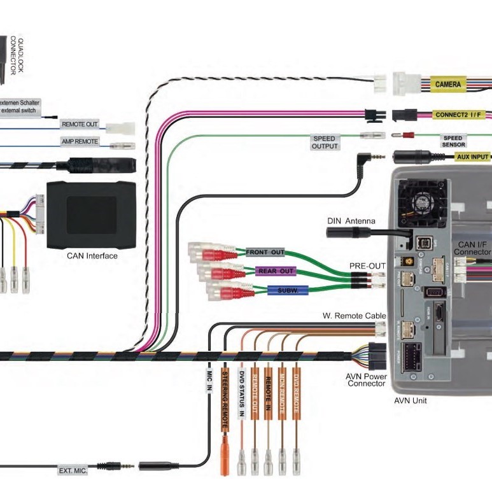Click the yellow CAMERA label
(448, 84)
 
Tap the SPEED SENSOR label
(453, 141)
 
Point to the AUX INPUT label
(472, 157)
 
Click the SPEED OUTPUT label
(324, 143)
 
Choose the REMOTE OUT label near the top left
(80, 124)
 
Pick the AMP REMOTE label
(80, 141)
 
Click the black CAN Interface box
(92, 215)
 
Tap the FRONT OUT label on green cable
(265, 253)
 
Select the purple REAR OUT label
(277, 271)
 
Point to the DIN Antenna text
(351, 221)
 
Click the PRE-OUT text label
(367, 265)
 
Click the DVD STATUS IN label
(241, 393)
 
